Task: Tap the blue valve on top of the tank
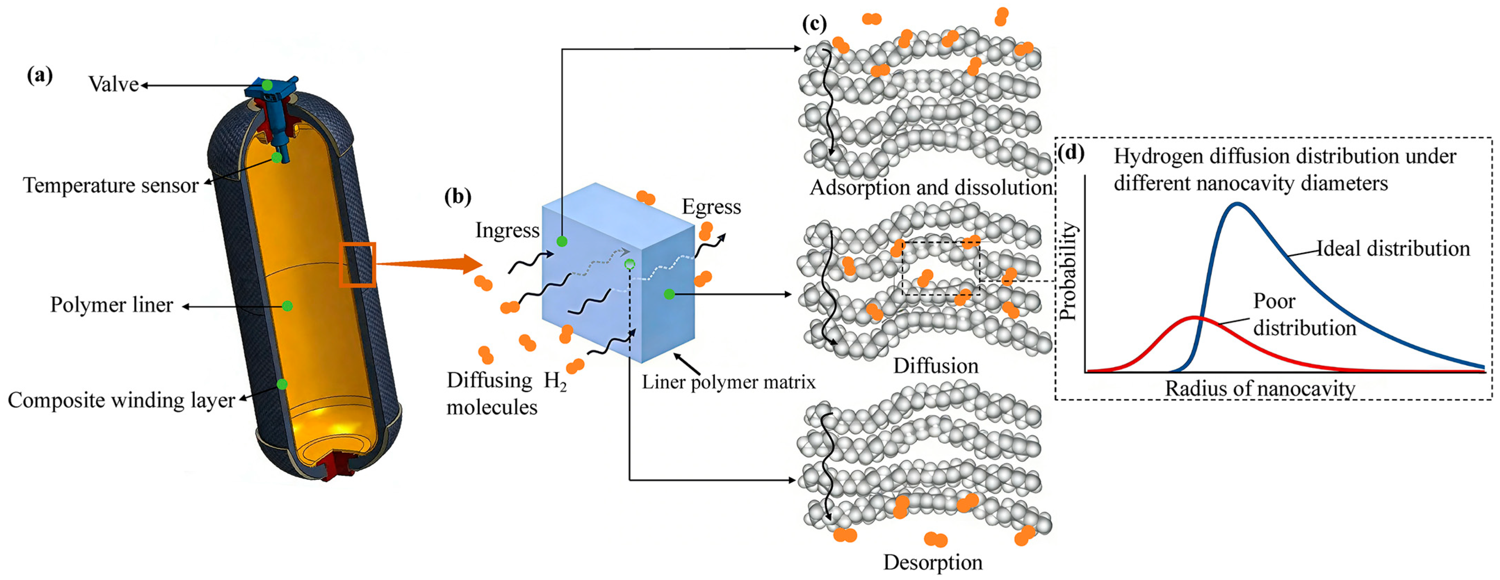[271, 87]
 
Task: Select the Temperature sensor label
[110, 185]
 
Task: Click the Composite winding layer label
[121, 400]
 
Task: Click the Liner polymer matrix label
[728, 382]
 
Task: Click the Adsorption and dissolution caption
[931, 188]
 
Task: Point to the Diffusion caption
[936, 366]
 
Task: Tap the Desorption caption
[933, 563]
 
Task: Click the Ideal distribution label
[1393, 249]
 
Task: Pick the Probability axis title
[1067, 271]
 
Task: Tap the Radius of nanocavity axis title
[1260, 389]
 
